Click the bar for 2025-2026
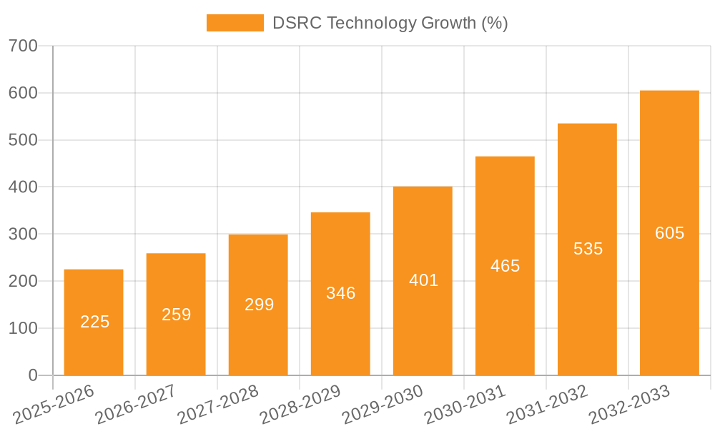94,322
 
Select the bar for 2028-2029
340,293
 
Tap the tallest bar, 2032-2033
669,232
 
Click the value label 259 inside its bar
176,315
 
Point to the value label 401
423,280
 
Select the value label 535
588,249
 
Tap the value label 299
259,305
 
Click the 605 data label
669,233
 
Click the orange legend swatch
235,23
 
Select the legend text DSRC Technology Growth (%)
390,23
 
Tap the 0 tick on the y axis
32,375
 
